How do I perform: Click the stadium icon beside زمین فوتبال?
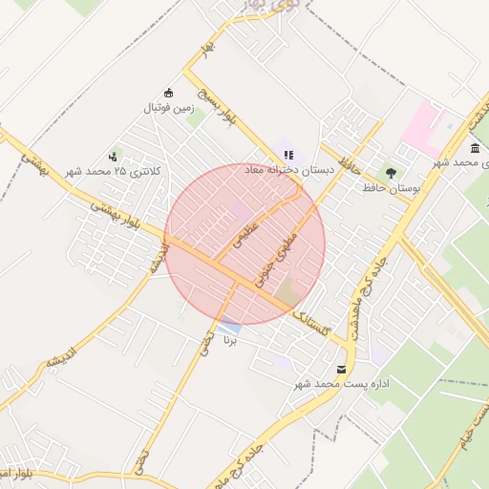click(170, 93)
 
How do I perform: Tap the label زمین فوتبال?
click(169, 109)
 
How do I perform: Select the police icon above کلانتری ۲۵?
click(114, 156)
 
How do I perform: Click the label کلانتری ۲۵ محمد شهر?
click(114, 171)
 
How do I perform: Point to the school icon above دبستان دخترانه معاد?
click(288, 154)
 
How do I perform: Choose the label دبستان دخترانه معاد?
click(288, 169)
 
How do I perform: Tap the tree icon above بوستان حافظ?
click(391, 173)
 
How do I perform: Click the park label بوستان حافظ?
click(392, 189)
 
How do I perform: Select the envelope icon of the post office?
click(342, 369)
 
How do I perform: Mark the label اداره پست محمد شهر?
click(345, 384)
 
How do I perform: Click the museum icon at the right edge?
click(475, 149)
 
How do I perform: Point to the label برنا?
click(228, 340)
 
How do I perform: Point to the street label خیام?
click(481, 416)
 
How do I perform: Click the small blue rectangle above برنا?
click(229, 327)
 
